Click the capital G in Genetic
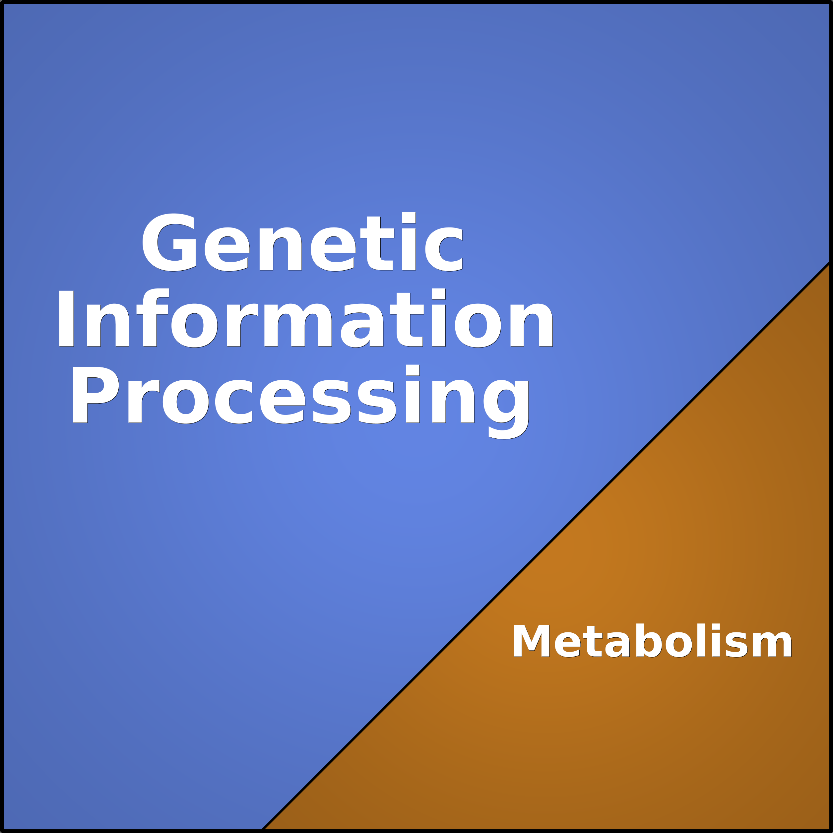[169, 242]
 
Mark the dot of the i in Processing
[413, 370]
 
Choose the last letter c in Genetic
[444, 249]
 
